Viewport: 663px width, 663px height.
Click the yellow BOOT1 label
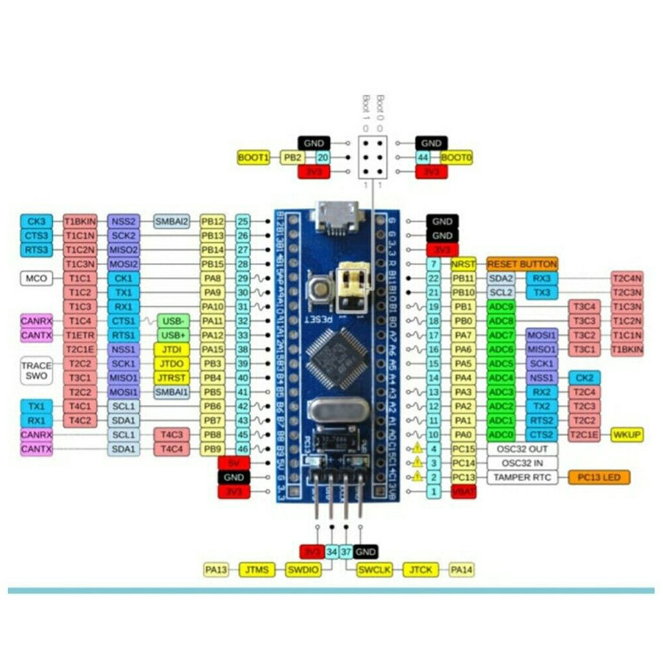pos(254,157)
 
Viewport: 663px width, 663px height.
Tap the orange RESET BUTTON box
pos(522,264)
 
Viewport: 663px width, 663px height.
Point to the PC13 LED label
pos(599,477)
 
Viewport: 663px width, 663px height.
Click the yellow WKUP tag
pos(627,434)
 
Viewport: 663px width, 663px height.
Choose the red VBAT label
pos(463,491)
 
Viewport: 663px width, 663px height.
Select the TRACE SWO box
pos(36,371)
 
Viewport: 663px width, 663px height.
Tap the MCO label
pos(36,278)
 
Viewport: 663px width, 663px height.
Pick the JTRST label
pos(170,377)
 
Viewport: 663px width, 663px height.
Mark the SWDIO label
pos(303,569)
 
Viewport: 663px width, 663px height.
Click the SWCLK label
pos(375,569)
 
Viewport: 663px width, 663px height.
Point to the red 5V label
pos(233,463)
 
